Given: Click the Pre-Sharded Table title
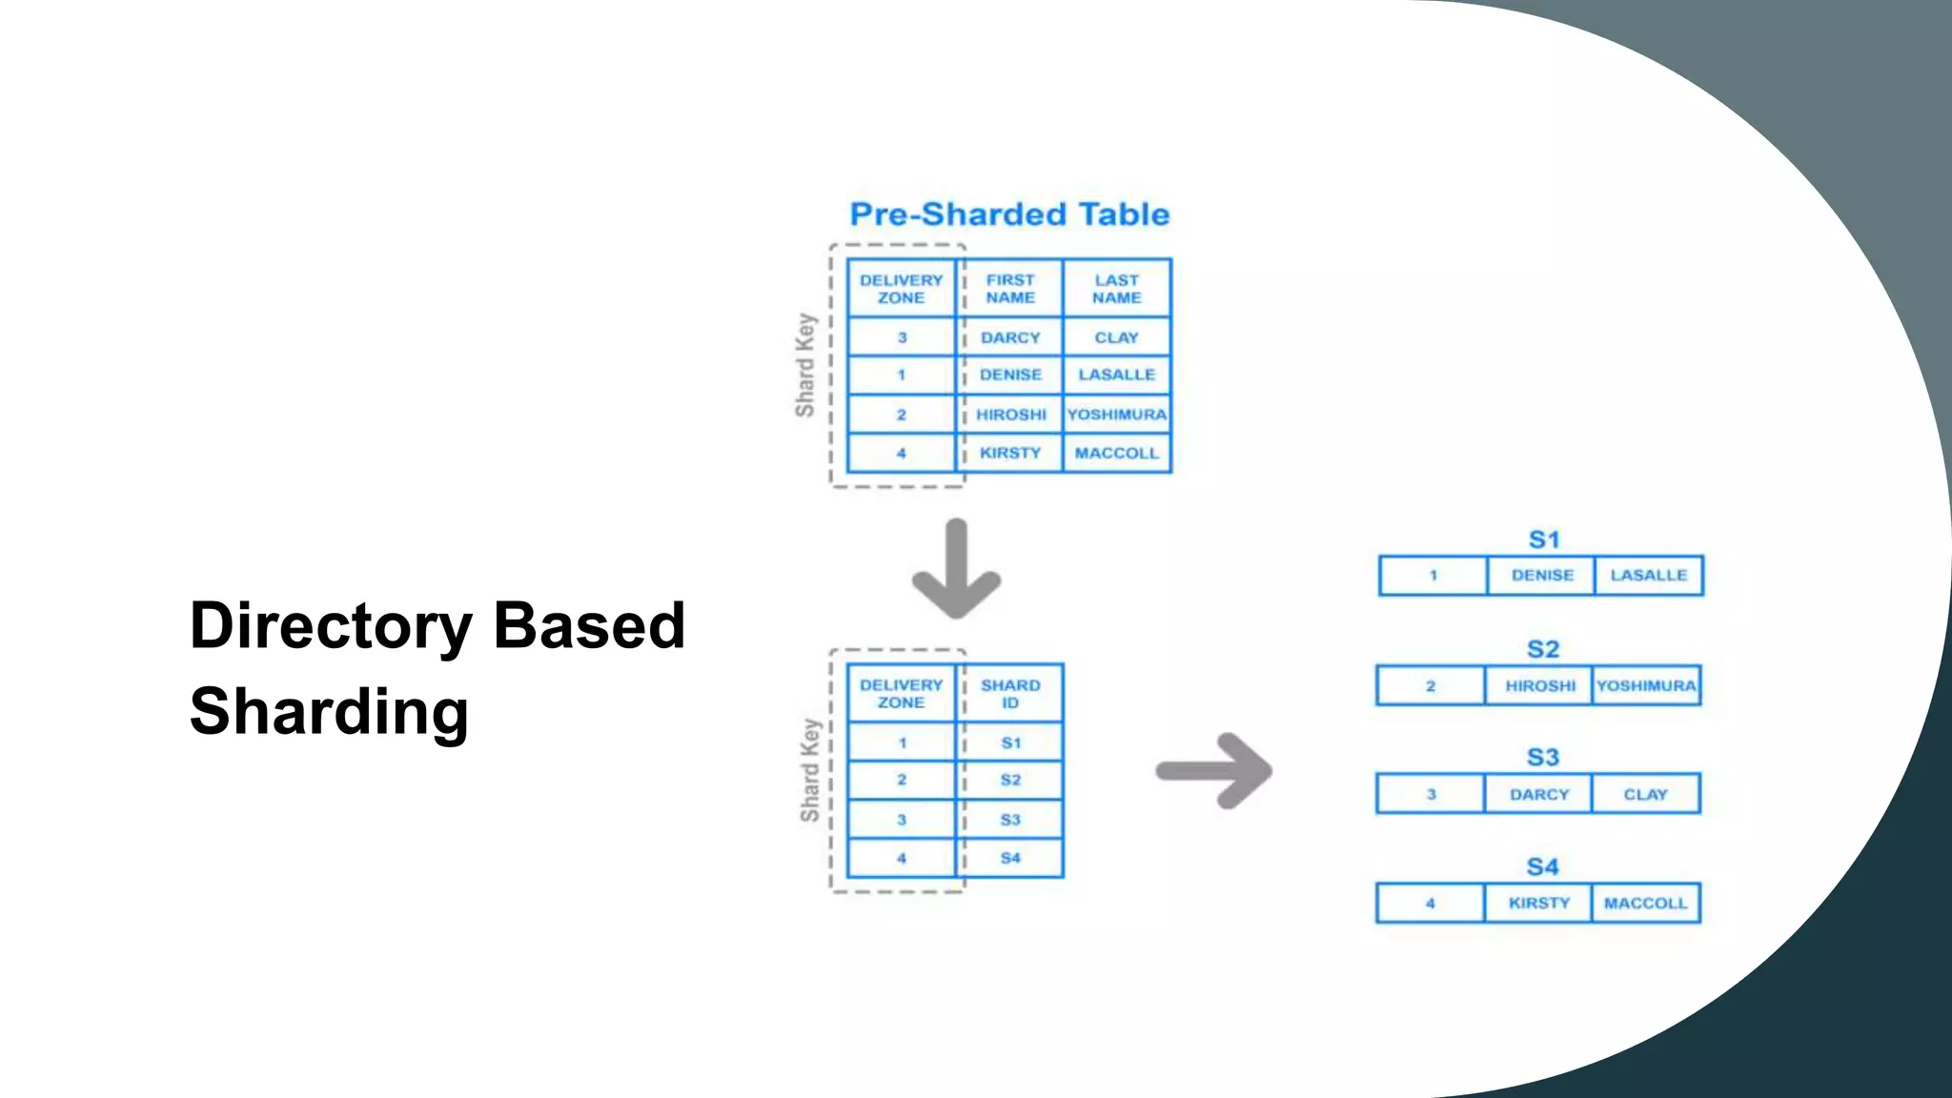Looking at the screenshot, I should [1009, 214].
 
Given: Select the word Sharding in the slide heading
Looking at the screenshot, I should [329, 712].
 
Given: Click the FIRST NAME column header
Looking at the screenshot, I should [1009, 289].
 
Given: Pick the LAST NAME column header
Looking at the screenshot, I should [1116, 289].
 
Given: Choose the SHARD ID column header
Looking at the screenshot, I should [1010, 694].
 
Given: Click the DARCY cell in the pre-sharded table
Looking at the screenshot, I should [1010, 337].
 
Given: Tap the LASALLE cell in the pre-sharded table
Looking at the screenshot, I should [1116, 375].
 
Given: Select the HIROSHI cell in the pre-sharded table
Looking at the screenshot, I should [1010, 415].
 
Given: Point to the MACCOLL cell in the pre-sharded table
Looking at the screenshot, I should [1116, 453].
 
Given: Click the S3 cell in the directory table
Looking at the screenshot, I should [1010, 820].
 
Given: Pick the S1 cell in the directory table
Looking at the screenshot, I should [1010, 742].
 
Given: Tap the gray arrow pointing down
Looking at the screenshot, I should [956, 569].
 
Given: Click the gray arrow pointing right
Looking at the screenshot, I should [1216, 770].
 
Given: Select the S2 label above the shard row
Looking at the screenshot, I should [1542, 650].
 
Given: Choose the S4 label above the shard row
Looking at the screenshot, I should [1542, 867].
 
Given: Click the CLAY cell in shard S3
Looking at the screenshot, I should [1645, 794].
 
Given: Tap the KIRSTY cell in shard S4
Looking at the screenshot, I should [1538, 903].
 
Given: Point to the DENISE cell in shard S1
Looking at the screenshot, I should [1541, 576].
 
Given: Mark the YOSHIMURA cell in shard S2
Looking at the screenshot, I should [1646, 685].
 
